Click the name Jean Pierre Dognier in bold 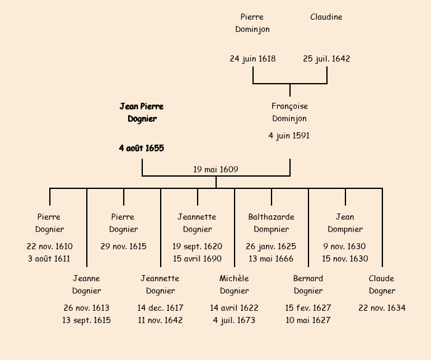point(142,113)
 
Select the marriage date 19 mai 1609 point(216,169)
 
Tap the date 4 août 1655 point(142,148)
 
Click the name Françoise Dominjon point(289,113)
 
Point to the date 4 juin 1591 point(289,135)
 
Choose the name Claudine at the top point(326,17)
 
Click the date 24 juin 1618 point(252,59)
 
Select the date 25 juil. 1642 point(326,59)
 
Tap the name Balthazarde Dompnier point(271,223)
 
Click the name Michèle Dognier point(234,284)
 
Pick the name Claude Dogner point(382,284)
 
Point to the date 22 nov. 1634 point(382,308)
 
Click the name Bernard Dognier point(308,284)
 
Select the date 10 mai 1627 point(308,320)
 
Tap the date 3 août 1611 point(49,258)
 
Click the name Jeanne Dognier point(86,284)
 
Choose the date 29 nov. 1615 point(123,246)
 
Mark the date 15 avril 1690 point(197,258)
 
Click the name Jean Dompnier point(345,223)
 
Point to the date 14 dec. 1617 point(160,308)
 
